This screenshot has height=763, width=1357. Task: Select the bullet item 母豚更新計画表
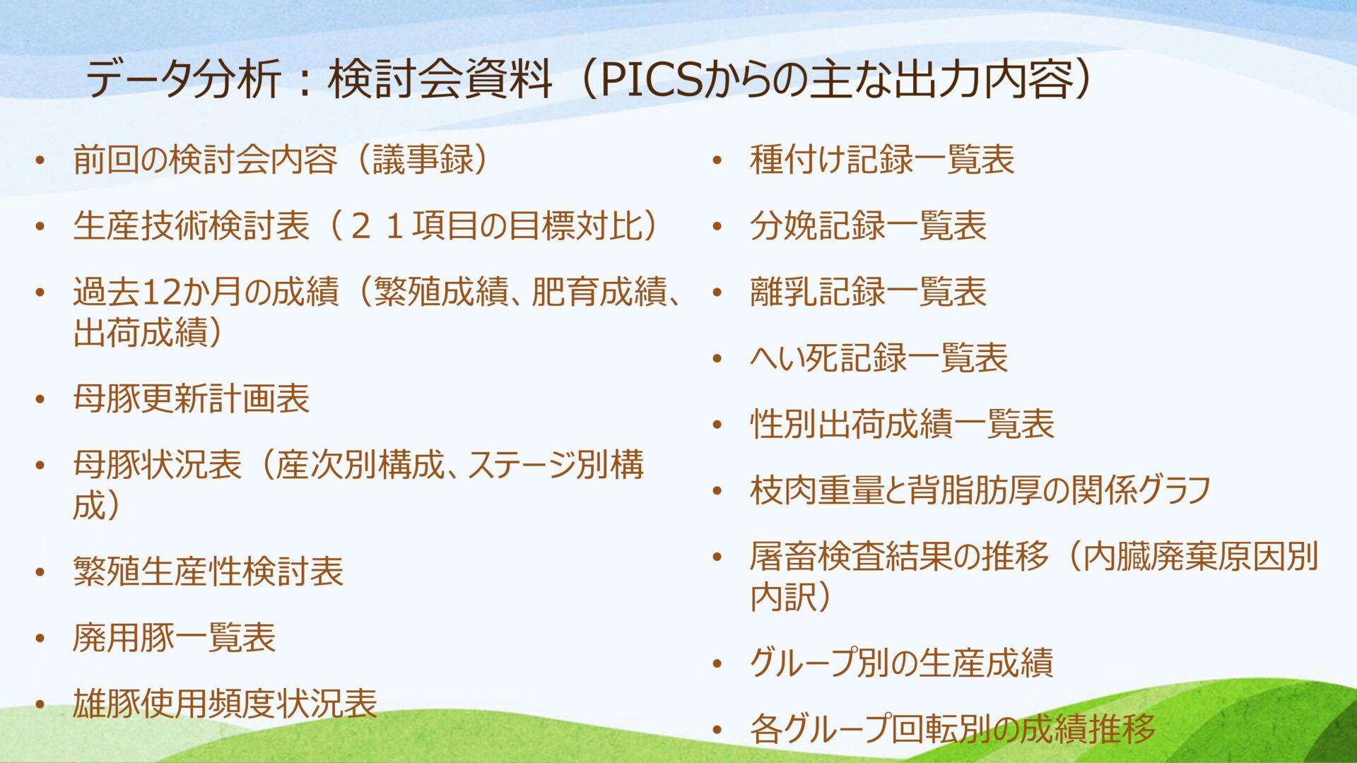coord(192,398)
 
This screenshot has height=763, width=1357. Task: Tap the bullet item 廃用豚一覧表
coord(174,637)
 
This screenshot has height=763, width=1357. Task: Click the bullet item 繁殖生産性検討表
coord(208,571)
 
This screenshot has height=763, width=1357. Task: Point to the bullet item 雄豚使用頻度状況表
coord(225,704)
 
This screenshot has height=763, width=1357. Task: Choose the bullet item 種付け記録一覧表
coord(882,160)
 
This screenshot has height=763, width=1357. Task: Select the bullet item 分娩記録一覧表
coord(869,226)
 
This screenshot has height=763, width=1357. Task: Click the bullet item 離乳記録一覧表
coord(869,292)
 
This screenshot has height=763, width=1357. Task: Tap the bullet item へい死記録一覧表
coord(879,358)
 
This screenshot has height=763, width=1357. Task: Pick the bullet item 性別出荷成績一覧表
coord(903,425)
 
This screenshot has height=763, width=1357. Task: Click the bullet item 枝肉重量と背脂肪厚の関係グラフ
coord(981,491)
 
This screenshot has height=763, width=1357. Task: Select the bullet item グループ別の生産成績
coord(902,663)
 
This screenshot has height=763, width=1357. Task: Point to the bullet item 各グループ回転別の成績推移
coord(953,729)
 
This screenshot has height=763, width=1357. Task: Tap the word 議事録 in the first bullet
coord(423,160)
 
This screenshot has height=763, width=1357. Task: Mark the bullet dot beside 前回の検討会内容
coord(40,161)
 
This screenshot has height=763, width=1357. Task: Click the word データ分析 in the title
coord(183,79)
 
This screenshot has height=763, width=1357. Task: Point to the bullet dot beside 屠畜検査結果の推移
coord(717,558)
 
